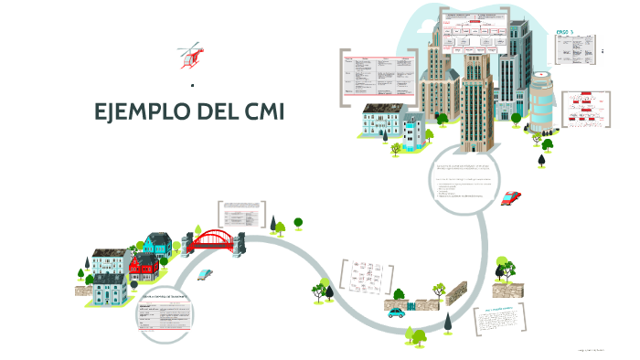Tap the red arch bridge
[x=216, y=239]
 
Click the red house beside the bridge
[x=144, y=267]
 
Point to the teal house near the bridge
[x=158, y=244]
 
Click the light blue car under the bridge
[x=205, y=274]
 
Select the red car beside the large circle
[x=511, y=197]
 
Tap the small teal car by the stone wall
[x=396, y=312]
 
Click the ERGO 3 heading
[x=565, y=32]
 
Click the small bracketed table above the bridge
[x=240, y=214]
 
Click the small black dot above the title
[x=193, y=85]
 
